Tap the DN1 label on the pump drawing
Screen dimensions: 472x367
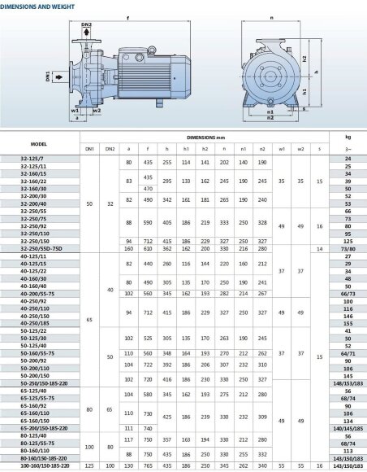[x=48, y=78]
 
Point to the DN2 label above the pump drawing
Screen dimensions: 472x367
[x=87, y=25]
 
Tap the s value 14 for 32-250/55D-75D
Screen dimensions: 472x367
[x=320, y=248]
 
